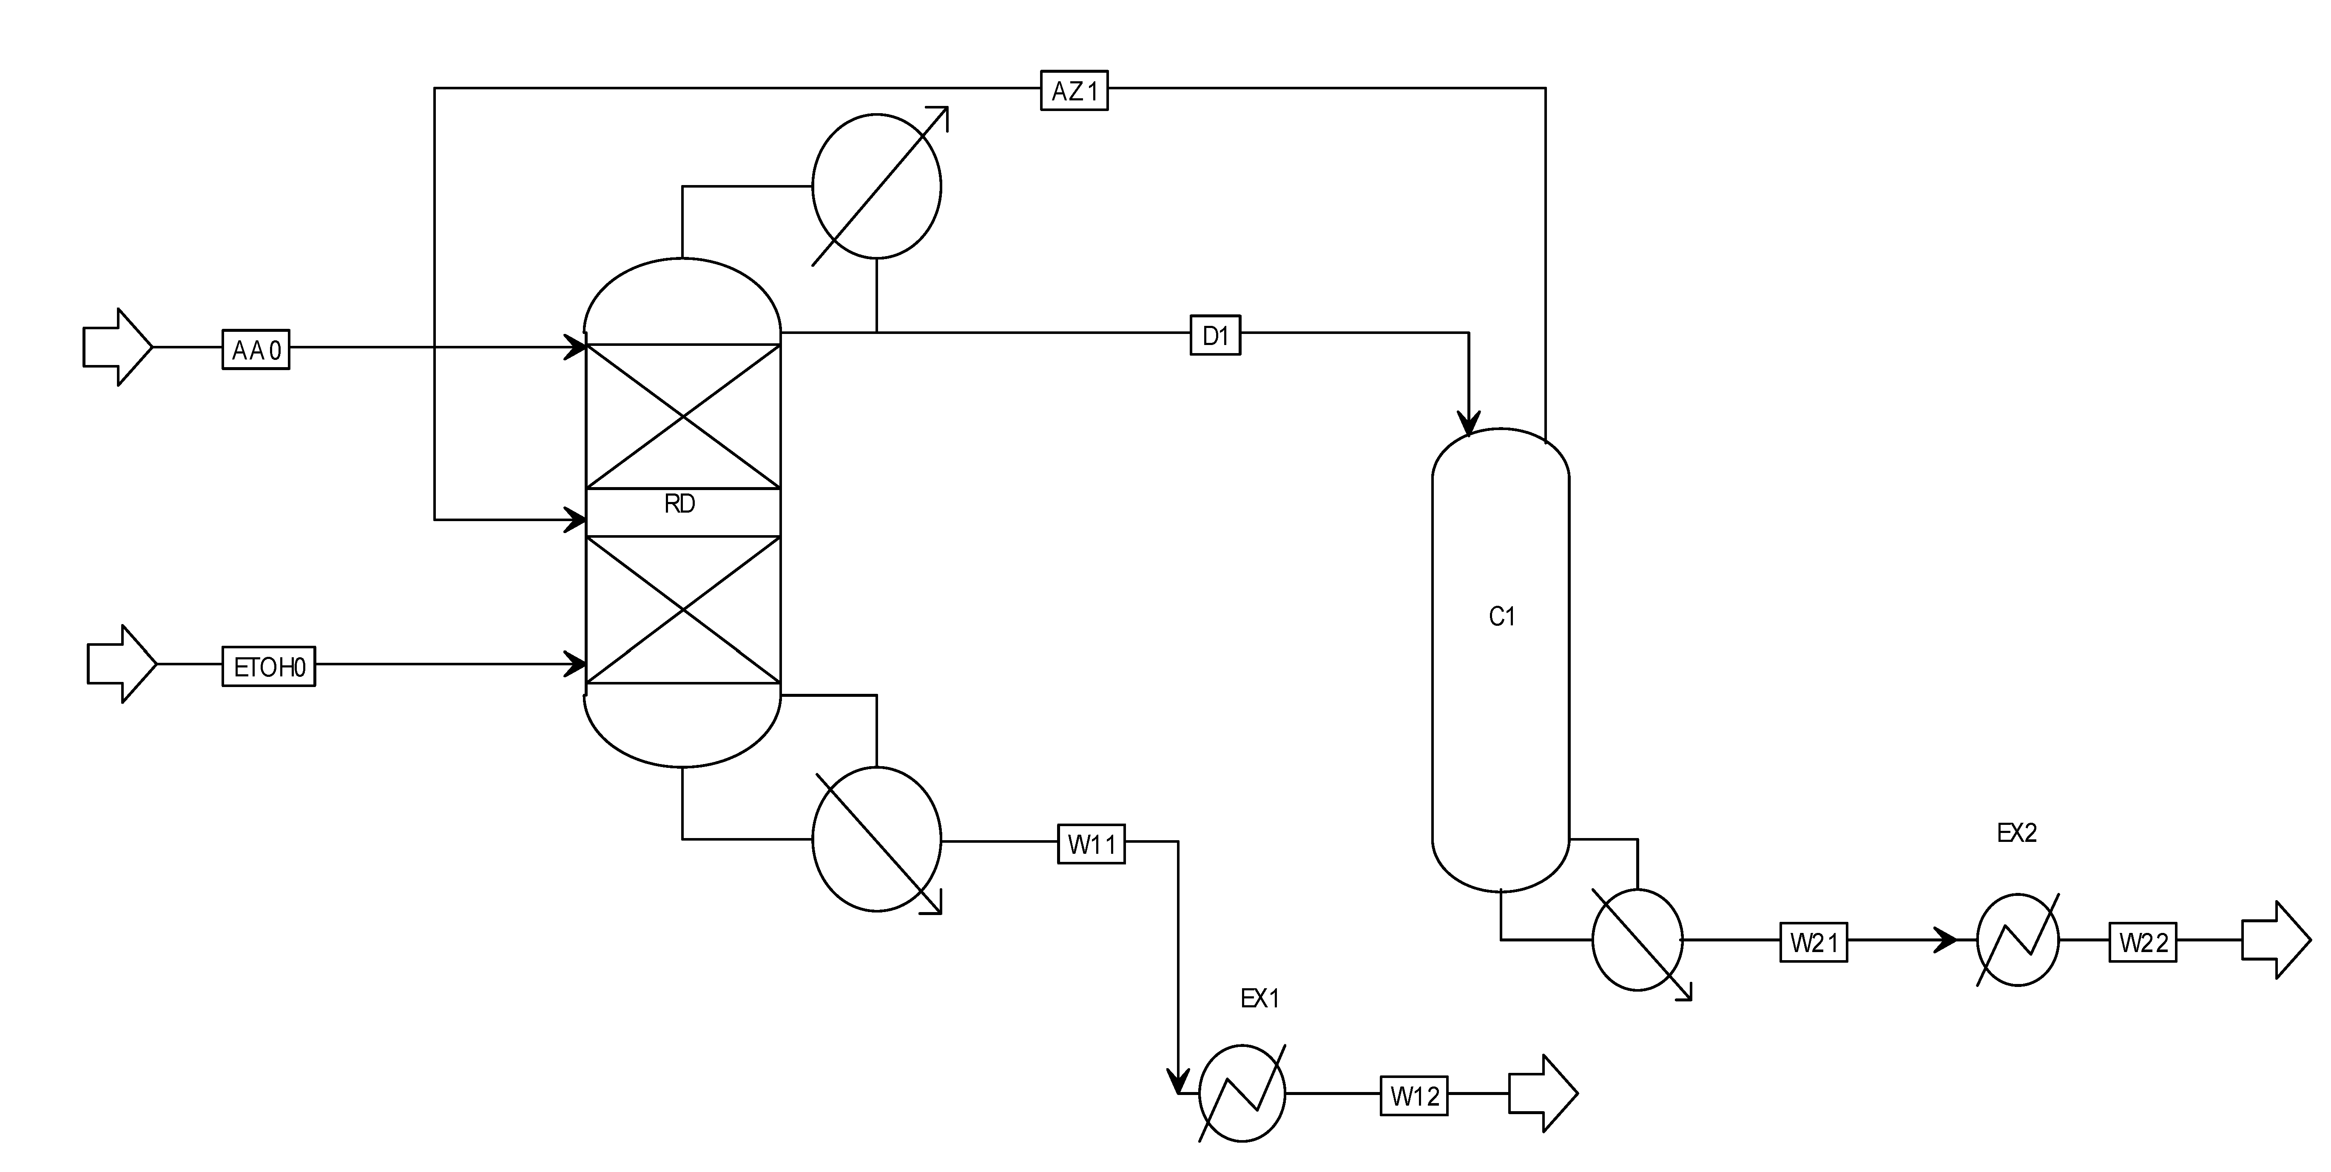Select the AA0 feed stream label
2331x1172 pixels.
tap(256, 349)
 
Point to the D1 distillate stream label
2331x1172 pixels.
tap(1214, 336)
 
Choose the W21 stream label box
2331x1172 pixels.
tap(1814, 942)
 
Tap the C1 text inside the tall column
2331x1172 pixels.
tap(1501, 616)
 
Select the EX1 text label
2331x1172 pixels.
tap(1259, 998)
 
